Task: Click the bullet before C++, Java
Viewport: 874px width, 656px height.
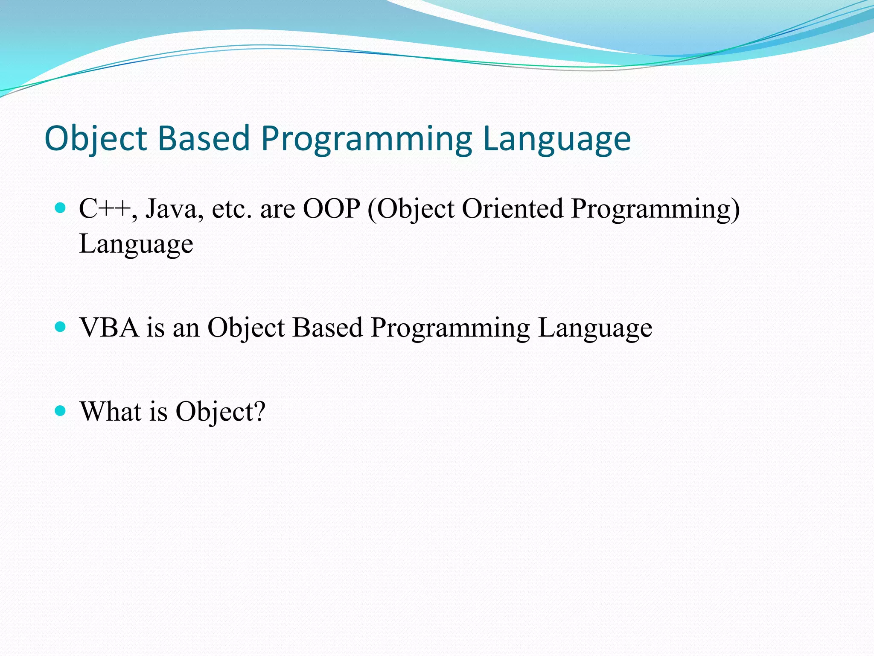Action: [x=61, y=208]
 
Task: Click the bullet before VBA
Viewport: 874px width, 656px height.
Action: [x=61, y=327]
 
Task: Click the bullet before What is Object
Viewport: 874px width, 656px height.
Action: [x=61, y=411]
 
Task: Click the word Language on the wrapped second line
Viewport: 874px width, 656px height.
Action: [x=136, y=244]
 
